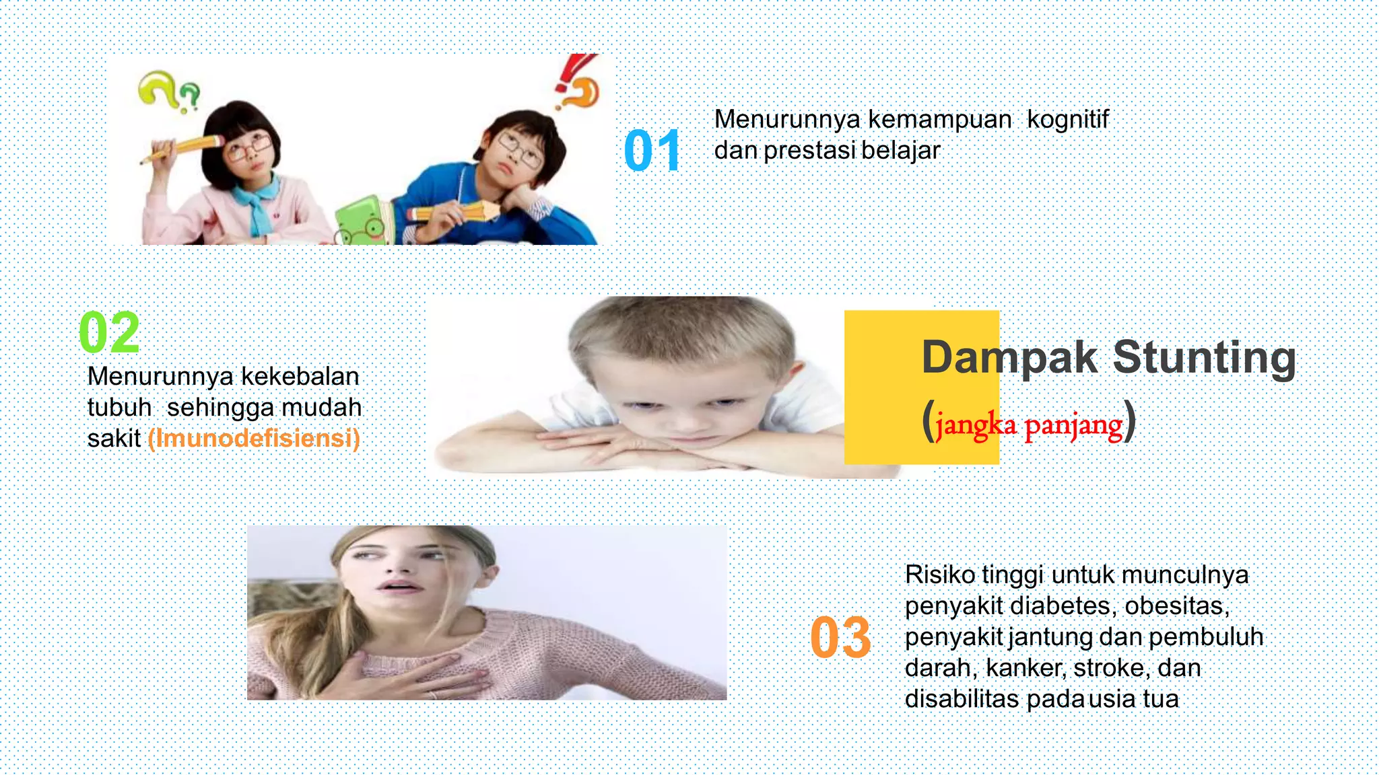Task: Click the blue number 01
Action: [x=651, y=151]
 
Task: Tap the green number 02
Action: [x=109, y=332]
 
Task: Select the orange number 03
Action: [x=840, y=637]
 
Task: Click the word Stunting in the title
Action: [x=1204, y=357]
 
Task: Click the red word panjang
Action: [x=1073, y=426]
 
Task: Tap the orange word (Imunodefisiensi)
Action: [x=254, y=439]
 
